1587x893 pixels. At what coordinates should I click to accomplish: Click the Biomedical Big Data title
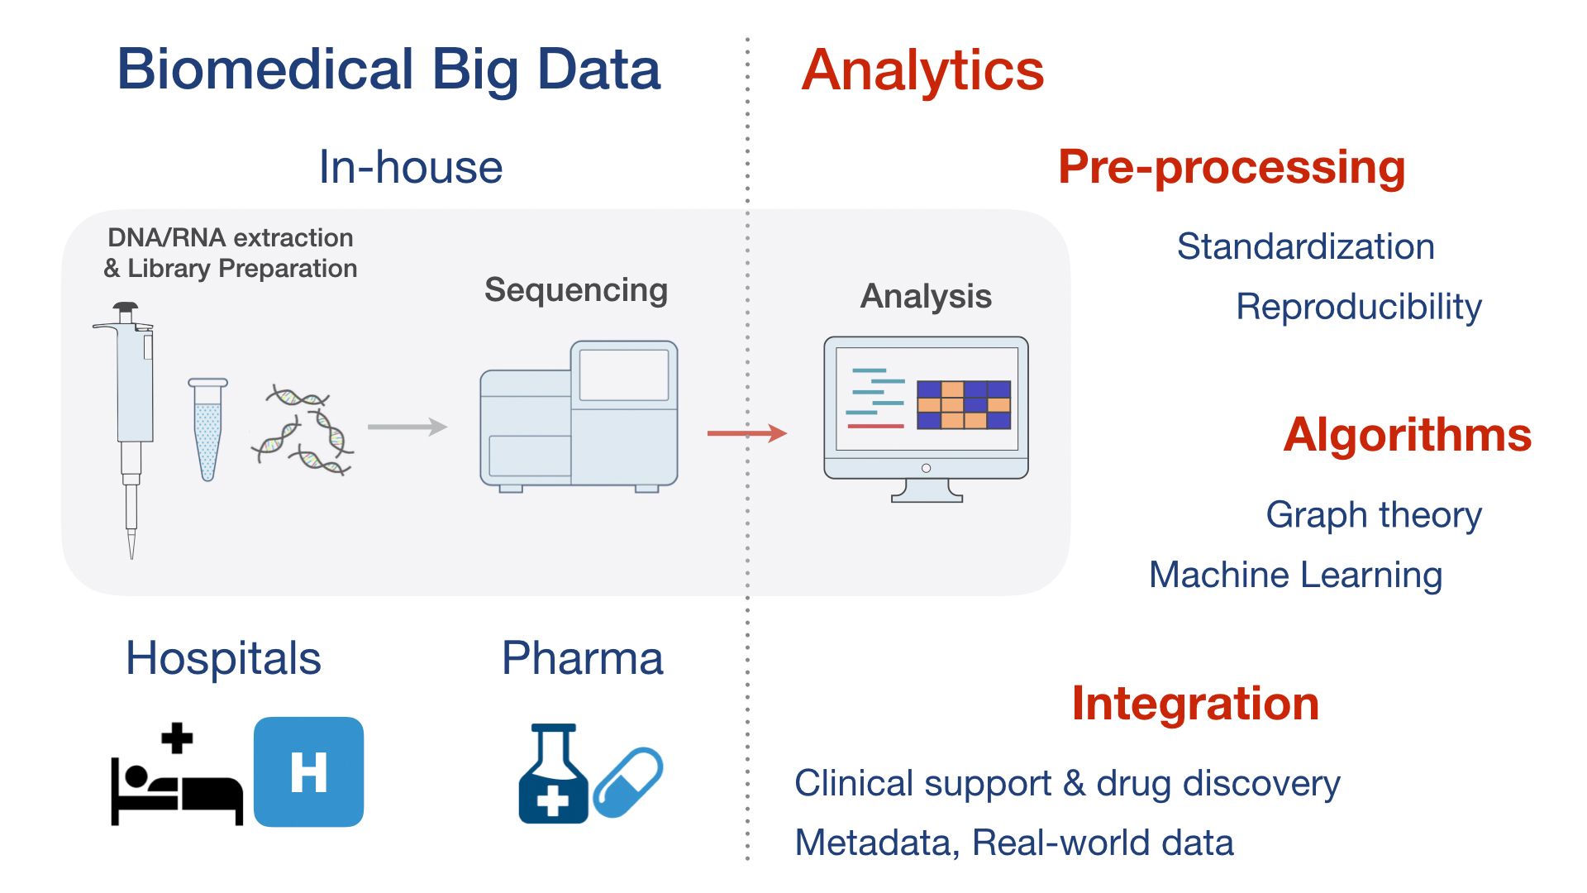click(x=388, y=70)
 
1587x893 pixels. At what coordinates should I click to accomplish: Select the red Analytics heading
click(x=922, y=72)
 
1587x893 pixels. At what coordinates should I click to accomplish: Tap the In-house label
click(x=411, y=167)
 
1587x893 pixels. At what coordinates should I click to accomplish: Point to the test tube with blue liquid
click(x=207, y=429)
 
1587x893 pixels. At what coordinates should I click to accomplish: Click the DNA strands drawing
click(x=303, y=430)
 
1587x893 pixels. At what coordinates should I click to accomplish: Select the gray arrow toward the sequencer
click(x=407, y=427)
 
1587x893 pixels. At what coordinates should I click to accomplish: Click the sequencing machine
click(x=579, y=416)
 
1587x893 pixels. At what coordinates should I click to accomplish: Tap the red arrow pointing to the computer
click(x=747, y=432)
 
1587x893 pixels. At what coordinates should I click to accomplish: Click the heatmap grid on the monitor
click(x=964, y=404)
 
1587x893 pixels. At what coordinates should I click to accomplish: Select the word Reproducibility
click(x=1359, y=308)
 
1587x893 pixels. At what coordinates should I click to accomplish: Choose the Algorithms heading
click(x=1408, y=435)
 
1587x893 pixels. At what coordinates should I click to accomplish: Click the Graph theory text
click(x=1374, y=516)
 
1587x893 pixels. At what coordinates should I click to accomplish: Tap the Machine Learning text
click(x=1296, y=575)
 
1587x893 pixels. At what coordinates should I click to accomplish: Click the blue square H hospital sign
click(x=308, y=771)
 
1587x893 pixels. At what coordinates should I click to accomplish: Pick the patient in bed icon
click(x=177, y=775)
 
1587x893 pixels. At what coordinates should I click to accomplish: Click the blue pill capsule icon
click(x=628, y=782)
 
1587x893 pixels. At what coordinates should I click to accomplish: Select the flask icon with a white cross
click(x=553, y=774)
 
